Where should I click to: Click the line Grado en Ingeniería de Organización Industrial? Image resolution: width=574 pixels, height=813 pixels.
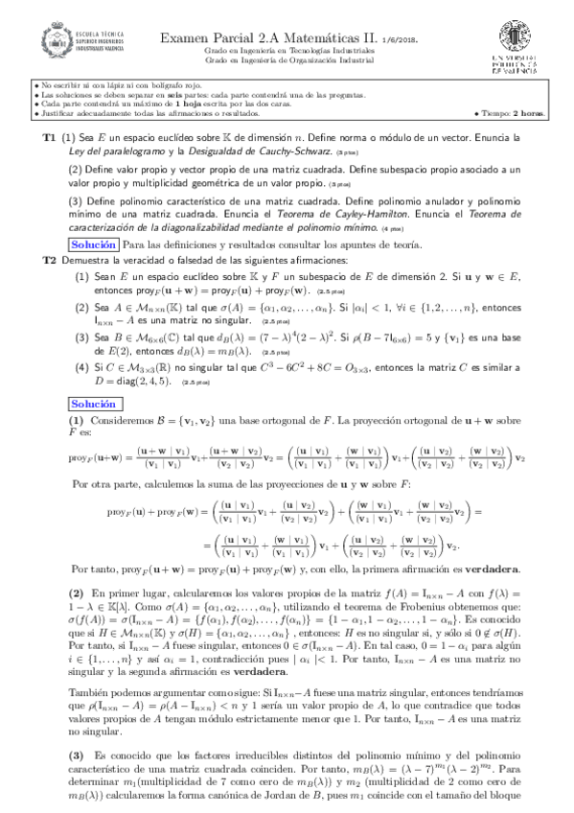[287, 59]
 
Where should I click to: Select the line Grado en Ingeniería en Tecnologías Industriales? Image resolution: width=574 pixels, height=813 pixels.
[287, 49]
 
